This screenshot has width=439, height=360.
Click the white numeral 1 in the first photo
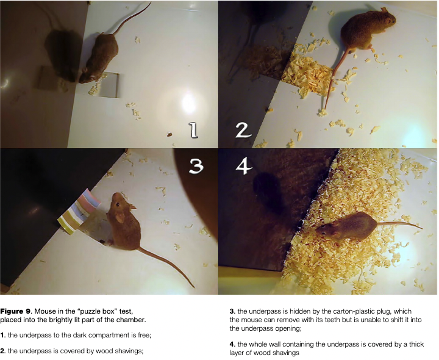pyautogui.click(x=193, y=130)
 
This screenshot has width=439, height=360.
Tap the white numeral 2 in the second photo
pyautogui.click(x=243, y=130)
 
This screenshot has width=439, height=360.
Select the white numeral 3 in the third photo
pyautogui.click(x=196, y=166)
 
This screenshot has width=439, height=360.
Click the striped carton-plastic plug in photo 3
pyautogui.click(x=79, y=211)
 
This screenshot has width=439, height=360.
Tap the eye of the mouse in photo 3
pyautogui.click(x=118, y=204)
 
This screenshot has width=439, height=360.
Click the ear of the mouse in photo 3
pyautogui.click(x=120, y=217)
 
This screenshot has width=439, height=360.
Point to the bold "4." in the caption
pyautogui.click(x=232, y=344)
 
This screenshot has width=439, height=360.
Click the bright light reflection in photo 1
pyautogui.click(x=188, y=103)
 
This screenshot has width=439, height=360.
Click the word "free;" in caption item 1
pyautogui.click(x=145, y=335)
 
